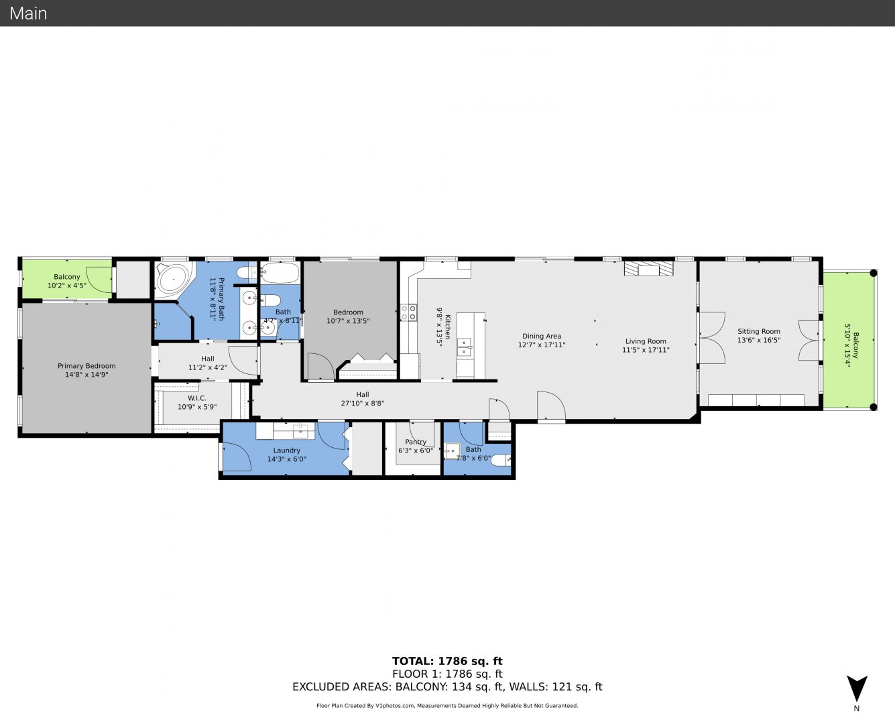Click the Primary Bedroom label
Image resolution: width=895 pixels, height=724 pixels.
coord(86,365)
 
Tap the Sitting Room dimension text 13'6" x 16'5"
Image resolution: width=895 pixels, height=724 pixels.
coord(759,340)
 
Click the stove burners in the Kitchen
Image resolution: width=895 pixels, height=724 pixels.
coord(408,312)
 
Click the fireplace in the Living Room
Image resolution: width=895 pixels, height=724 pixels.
coord(649,269)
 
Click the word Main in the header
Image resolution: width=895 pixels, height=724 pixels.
coord(28,13)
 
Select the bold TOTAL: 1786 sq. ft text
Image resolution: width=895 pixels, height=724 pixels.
coord(447,661)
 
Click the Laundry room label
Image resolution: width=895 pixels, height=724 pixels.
coord(286,450)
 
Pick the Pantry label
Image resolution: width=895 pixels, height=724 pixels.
coord(416,442)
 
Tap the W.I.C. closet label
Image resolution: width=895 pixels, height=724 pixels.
coord(196,398)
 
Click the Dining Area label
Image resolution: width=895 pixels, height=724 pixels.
coord(542,336)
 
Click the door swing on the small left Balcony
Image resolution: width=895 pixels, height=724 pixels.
coord(99,280)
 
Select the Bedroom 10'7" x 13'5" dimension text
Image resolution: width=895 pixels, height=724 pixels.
coord(348,320)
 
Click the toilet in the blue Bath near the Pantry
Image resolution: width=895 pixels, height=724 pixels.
coord(501,460)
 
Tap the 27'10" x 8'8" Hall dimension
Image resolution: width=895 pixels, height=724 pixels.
coord(362,403)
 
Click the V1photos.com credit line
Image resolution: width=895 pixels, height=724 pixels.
coord(447,705)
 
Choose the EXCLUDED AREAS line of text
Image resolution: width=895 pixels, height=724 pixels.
coord(447,686)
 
